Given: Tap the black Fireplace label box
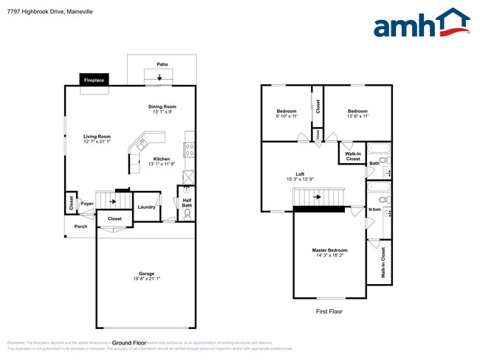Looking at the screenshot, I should pyautogui.click(x=94, y=80).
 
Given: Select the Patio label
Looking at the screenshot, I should pyautogui.click(x=162, y=64).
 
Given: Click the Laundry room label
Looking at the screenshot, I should pyautogui.click(x=146, y=207).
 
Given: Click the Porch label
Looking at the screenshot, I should pyautogui.click(x=81, y=226).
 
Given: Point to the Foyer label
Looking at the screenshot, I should pyautogui.click(x=87, y=203).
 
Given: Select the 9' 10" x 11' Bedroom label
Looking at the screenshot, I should pyautogui.click(x=287, y=113).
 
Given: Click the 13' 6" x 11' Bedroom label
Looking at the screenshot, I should pyautogui.click(x=358, y=113).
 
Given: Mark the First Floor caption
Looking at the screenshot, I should pyautogui.click(x=329, y=311).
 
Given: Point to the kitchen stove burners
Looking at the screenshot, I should pyautogui.click(x=189, y=149).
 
